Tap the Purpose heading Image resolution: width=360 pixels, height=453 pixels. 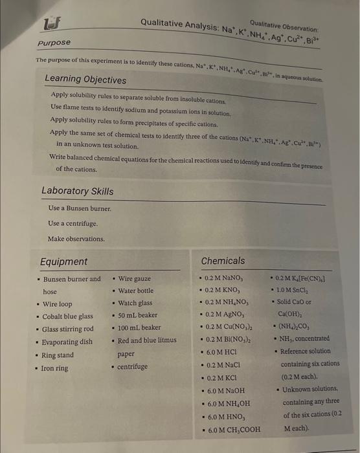tap(53, 43)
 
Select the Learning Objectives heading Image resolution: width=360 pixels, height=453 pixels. tap(85, 79)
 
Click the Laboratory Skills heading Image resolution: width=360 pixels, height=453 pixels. tap(77, 191)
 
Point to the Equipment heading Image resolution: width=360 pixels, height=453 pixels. tap(64, 261)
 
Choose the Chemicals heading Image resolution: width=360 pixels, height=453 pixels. tap(223, 261)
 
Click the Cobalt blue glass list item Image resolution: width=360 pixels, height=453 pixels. tap(68, 316)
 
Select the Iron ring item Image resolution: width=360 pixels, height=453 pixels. tap(55, 368)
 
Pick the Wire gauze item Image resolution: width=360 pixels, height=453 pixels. tap(135, 278)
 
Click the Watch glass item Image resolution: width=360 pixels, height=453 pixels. tap(135, 303)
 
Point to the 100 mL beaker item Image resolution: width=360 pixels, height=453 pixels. tap(139, 328)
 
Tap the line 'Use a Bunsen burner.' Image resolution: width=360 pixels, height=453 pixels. tap(80, 208)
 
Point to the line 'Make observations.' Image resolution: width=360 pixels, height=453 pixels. tap(76, 239)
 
